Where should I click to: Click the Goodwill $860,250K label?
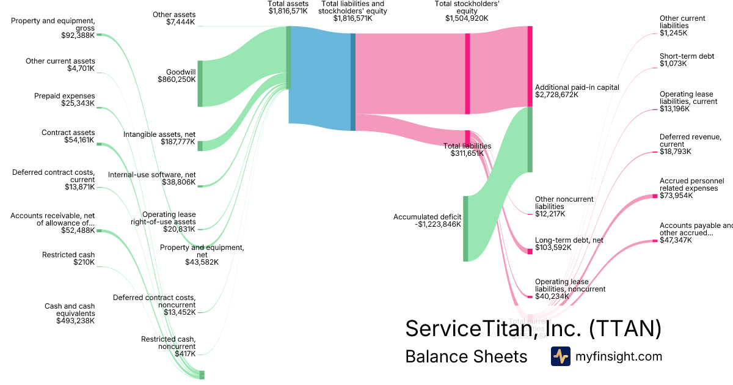pos(177,75)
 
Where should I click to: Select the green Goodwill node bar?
pos(200,83)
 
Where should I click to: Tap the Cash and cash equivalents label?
pos(70,313)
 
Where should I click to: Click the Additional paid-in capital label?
pos(577,91)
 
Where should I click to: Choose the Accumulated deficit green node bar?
pos(465,229)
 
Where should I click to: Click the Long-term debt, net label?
pos(569,244)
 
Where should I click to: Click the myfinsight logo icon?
pos(560,356)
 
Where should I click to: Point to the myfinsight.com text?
pos(619,356)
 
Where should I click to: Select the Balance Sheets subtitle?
pos(465,356)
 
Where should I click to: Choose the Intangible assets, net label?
pos(159,138)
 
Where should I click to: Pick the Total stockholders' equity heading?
pos(467,11)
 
